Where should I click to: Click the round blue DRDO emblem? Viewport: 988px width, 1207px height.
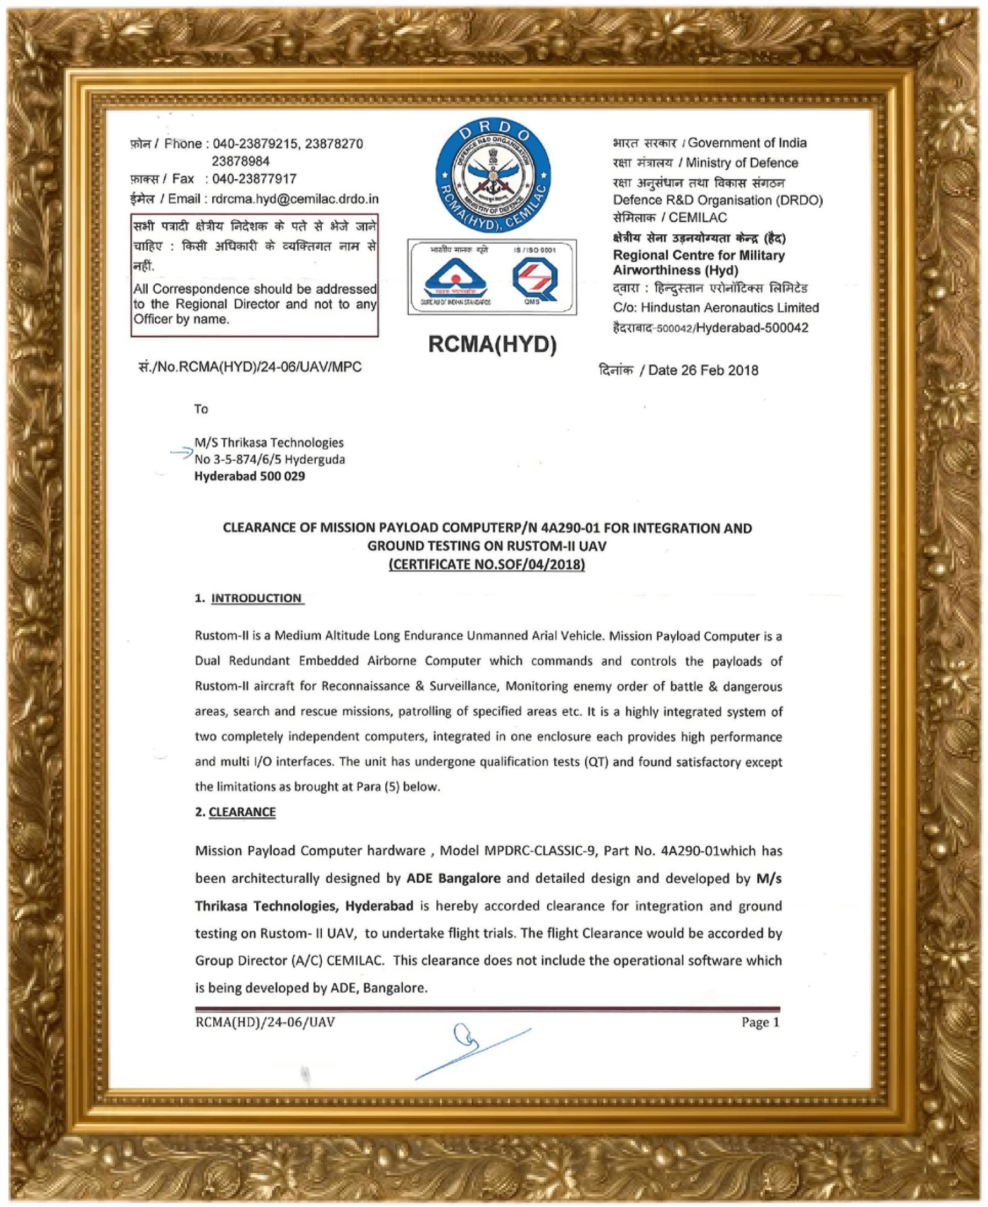[x=493, y=175]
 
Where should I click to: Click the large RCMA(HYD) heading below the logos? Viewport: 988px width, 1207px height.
[x=492, y=344]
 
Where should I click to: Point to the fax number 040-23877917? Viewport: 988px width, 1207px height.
[x=254, y=179]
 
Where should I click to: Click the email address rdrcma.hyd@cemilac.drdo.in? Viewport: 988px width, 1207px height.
[x=295, y=199]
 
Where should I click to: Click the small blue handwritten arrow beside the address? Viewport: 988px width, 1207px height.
[x=181, y=452]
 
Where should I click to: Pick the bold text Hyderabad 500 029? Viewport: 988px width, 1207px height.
[x=249, y=476]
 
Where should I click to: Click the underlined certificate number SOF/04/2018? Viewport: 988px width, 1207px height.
[x=487, y=564]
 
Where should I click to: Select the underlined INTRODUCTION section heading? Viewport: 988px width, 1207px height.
[x=256, y=598]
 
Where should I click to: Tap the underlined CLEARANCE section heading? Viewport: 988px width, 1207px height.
[x=242, y=812]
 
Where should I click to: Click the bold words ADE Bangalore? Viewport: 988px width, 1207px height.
[x=453, y=878]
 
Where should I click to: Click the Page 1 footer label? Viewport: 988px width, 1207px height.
[x=760, y=1022]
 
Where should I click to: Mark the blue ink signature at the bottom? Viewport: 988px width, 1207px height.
[x=472, y=1050]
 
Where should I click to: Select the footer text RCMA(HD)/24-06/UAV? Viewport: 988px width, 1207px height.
[x=264, y=1022]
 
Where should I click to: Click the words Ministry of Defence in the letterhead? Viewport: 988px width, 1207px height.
[x=742, y=163]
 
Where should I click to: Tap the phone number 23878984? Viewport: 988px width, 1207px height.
[x=240, y=161]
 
